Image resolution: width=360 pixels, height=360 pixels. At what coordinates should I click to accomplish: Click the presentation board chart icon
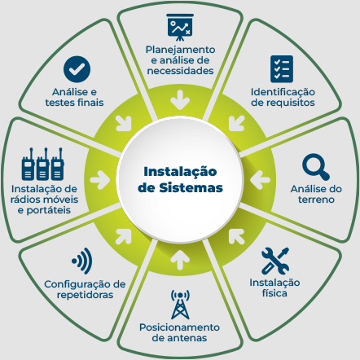(180, 27)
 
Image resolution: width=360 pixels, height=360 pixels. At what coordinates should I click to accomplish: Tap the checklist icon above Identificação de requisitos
(282, 69)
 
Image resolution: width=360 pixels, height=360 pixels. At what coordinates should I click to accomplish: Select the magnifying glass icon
(316, 167)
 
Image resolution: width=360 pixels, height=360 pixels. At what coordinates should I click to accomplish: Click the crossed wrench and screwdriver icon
(275, 261)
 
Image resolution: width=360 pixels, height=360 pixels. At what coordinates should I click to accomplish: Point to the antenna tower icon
(180, 305)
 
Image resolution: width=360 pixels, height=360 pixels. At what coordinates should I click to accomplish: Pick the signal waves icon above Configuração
(82, 261)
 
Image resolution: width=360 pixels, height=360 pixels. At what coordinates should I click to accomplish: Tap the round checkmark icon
(77, 69)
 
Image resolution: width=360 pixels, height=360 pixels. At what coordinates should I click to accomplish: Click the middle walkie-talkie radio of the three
(43, 164)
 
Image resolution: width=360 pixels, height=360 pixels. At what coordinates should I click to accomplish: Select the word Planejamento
(180, 50)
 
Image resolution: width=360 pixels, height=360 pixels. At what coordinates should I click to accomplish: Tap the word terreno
(316, 200)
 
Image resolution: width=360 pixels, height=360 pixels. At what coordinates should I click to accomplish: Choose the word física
(274, 293)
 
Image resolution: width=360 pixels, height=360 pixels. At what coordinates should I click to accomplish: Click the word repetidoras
(85, 295)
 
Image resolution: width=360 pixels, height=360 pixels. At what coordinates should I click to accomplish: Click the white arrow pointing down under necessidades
(180, 100)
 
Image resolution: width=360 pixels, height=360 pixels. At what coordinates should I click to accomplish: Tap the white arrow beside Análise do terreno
(260, 180)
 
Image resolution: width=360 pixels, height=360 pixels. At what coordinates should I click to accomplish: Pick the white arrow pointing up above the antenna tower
(180, 260)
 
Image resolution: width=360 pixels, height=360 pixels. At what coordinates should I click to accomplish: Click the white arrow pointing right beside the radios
(100, 180)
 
